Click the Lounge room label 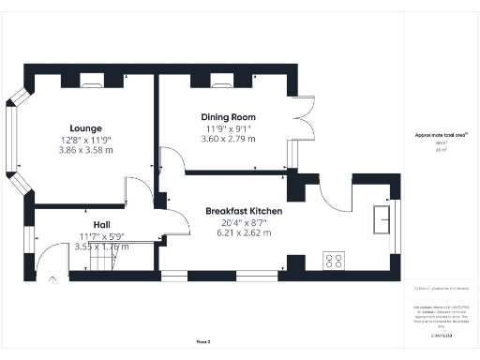click(84, 127)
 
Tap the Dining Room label click(229, 116)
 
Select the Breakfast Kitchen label click(244, 211)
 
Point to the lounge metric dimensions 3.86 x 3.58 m click(85, 149)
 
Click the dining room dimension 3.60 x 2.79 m click(229, 139)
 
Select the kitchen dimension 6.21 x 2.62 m click(244, 232)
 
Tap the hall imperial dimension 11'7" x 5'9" click(101, 236)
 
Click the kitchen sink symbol click(382, 219)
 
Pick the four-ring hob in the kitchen click(334, 261)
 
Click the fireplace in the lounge click(91, 82)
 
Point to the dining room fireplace click(222, 82)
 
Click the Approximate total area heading click(441, 135)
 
